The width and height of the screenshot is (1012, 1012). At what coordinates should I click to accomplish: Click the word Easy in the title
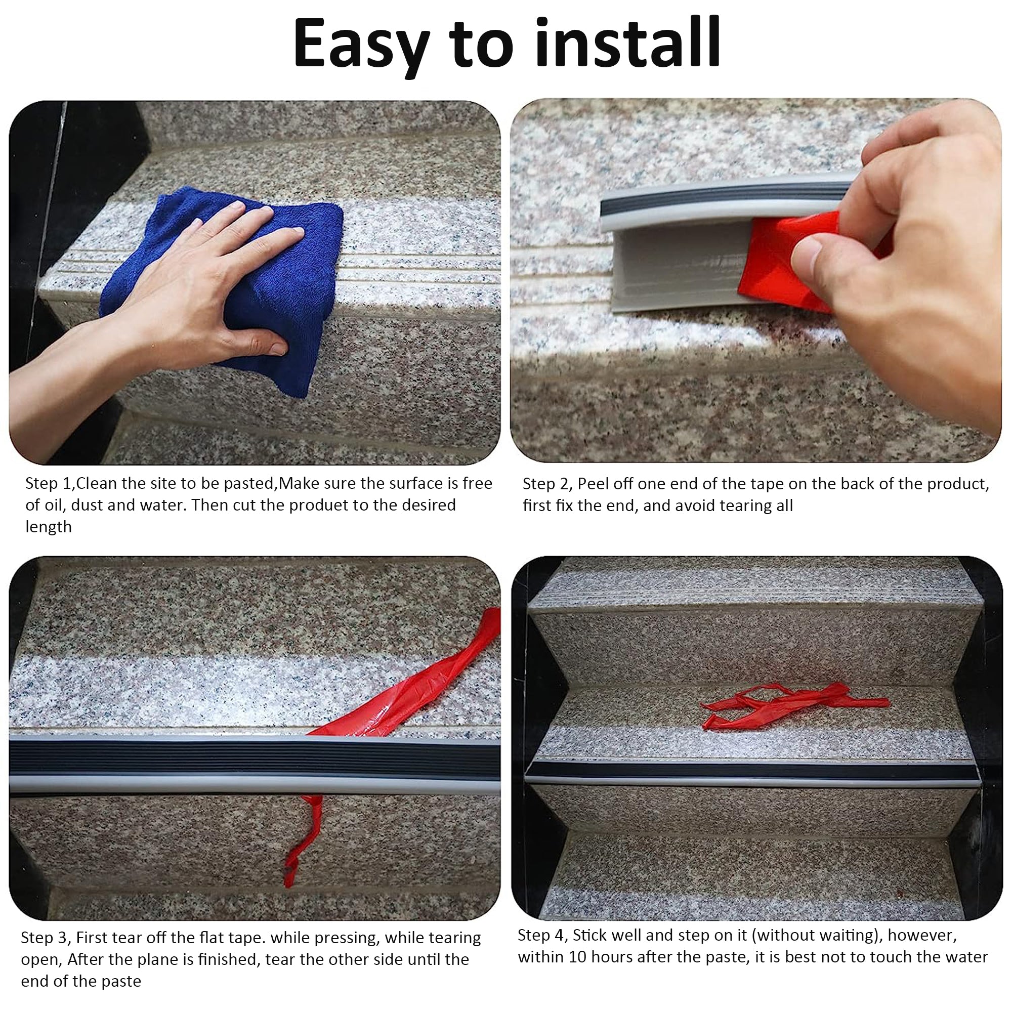click(361, 45)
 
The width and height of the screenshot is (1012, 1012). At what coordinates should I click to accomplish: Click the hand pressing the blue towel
click(209, 293)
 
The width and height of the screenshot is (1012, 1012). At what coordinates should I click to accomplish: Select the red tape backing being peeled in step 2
click(775, 262)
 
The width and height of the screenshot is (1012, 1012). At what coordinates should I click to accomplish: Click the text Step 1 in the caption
click(48, 483)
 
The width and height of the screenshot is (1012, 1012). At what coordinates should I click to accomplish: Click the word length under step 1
click(48, 527)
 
